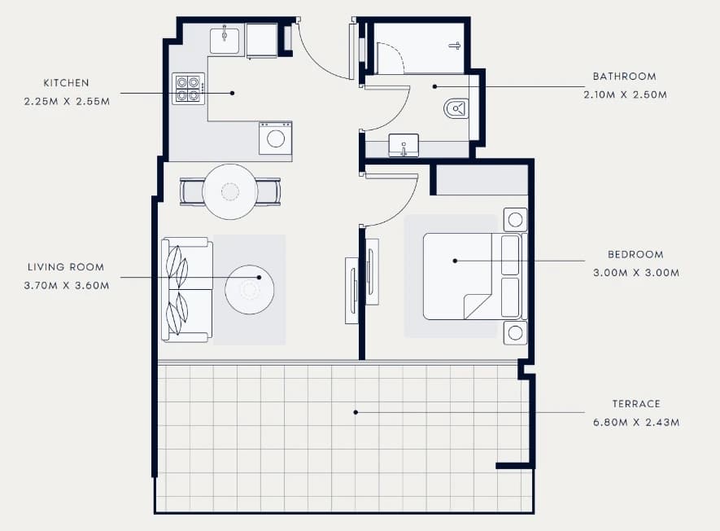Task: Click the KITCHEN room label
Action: pyautogui.click(x=66, y=83)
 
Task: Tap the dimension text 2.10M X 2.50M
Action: pyautogui.click(x=625, y=94)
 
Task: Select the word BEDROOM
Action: pyautogui.click(x=635, y=254)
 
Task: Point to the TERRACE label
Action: pyautogui.click(x=636, y=404)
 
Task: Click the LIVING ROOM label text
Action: pyautogui.click(x=66, y=266)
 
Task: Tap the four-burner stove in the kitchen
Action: pyautogui.click(x=188, y=88)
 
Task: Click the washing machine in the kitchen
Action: pyautogui.click(x=276, y=138)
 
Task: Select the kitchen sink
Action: pyautogui.click(x=225, y=41)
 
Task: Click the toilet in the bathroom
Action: pyautogui.click(x=456, y=109)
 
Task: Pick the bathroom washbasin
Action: pyautogui.click(x=404, y=145)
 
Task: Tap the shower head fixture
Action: pyautogui.click(x=455, y=46)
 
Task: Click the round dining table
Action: pyautogui.click(x=230, y=191)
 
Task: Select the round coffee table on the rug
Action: pyautogui.click(x=250, y=290)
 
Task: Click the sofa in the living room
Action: pyautogui.click(x=187, y=290)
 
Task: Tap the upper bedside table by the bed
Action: pyautogui.click(x=515, y=220)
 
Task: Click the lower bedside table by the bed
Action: pyautogui.click(x=515, y=333)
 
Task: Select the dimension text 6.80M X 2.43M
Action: pyautogui.click(x=636, y=422)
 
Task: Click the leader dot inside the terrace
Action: pyautogui.click(x=356, y=412)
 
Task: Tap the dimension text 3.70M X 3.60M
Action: pyautogui.click(x=67, y=285)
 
